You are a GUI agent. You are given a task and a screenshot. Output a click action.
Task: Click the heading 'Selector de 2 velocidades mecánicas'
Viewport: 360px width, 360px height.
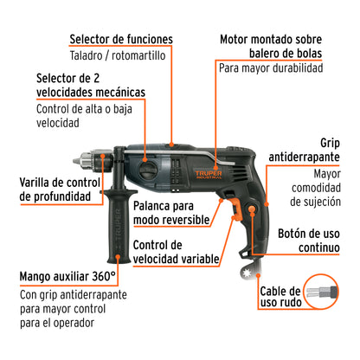click(x=90, y=85)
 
